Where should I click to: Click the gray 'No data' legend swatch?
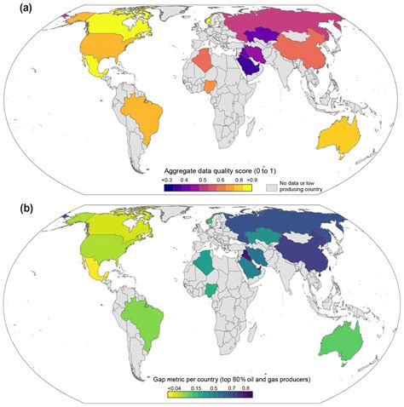(x=274, y=186)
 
